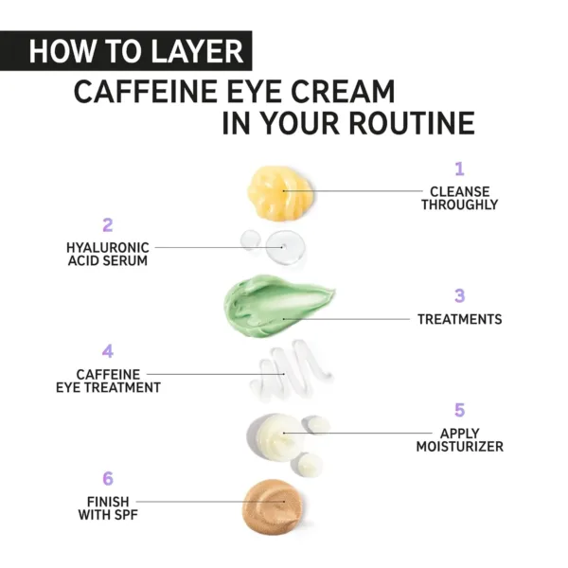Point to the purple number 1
[x=459, y=169]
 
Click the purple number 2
[x=107, y=225]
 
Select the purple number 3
[x=459, y=296]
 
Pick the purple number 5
[x=459, y=411]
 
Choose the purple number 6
[x=107, y=479]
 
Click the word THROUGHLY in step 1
[x=459, y=204]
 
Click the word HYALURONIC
[x=107, y=247]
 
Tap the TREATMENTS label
[x=459, y=320]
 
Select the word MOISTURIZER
[x=459, y=447]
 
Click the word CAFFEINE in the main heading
[x=154, y=92]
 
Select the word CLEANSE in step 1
[x=459, y=191]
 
